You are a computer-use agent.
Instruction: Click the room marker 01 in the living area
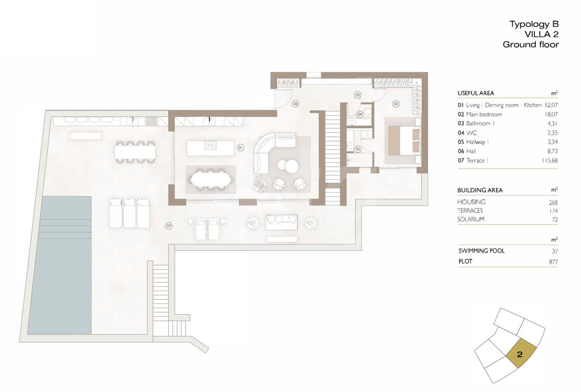click(x=241, y=148)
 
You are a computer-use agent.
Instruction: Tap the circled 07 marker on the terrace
click(x=169, y=226)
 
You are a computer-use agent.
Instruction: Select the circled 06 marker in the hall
click(x=296, y=104)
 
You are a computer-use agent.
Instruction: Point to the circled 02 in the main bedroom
click(x=396, y=104)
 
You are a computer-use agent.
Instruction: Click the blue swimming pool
click(x=60, y=265)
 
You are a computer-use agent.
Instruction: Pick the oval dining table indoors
click(x=211, y=180)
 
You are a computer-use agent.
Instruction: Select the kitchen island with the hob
click(x=210, y=148)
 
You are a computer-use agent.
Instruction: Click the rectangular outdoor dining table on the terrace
click(x=135, y=152)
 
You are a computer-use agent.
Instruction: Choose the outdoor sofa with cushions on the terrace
click(x=281, y=222)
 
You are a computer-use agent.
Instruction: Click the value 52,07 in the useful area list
click(x=551, y=105)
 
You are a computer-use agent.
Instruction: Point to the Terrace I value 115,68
click(x=549, y=160)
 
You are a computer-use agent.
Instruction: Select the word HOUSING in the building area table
click(x=471, y=202)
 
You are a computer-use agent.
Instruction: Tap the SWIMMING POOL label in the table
click(x=482, y=251)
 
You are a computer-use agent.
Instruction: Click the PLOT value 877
click(x=553, y=262)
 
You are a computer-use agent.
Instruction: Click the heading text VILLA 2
click(x=541, y=34)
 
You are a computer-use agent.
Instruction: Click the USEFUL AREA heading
click(x=476, y=93)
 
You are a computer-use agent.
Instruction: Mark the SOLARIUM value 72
click(x=555, y=220)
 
